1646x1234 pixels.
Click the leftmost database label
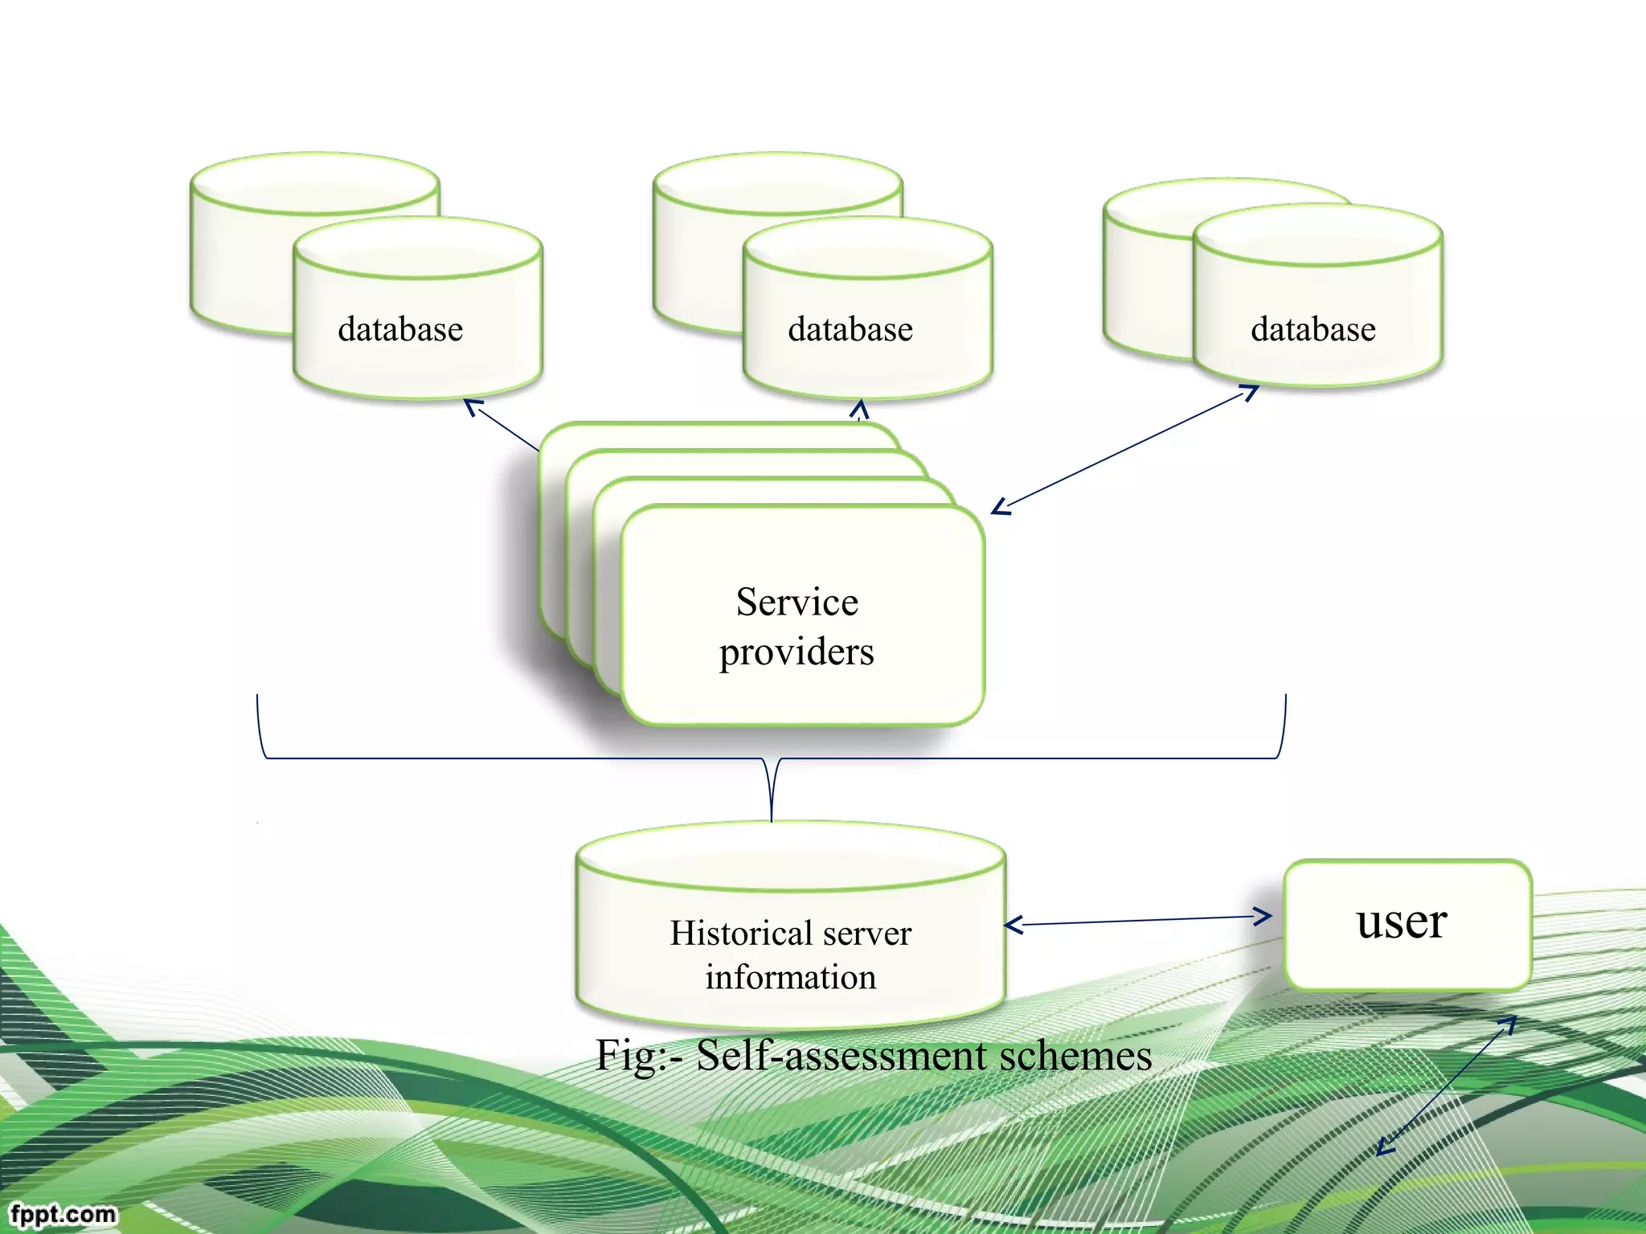[400, 329]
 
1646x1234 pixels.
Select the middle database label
[850, 329]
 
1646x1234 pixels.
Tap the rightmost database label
[1313, 329]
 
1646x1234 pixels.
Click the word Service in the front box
[796, 602]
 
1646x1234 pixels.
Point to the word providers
[796, 652]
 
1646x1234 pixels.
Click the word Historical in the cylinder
[739, 934]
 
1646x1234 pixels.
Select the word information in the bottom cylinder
[791, 978]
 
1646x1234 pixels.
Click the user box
[1406, 924]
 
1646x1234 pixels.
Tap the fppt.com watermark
[63, 1213]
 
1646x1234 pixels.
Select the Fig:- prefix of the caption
[639, 1056]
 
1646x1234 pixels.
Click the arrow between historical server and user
[1137, 921]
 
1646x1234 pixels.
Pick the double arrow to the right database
[1125, 450]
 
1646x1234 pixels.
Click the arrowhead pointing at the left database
[473, 407]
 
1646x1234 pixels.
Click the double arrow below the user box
[1447, 1085]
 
